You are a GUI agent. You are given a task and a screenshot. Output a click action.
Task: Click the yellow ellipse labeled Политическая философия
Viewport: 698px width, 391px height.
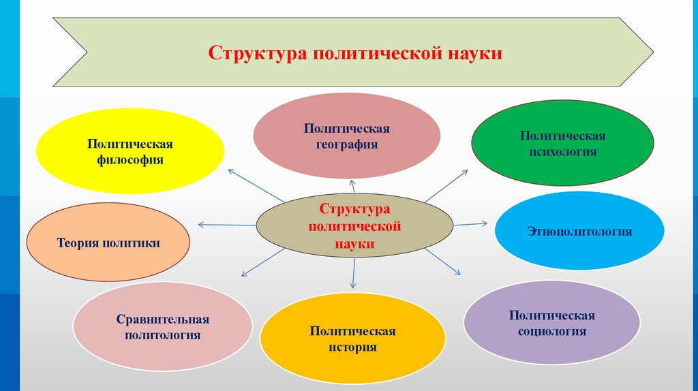click(130, 152)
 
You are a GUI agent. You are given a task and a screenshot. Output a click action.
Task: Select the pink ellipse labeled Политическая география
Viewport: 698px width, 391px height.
click(347, 136)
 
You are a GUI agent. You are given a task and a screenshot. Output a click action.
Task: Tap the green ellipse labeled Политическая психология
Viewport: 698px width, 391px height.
click(563, 144)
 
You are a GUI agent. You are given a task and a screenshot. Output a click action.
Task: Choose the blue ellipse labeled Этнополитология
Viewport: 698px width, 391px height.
click(579, 232)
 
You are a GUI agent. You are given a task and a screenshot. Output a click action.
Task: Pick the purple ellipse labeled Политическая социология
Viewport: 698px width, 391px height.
click(551, 324)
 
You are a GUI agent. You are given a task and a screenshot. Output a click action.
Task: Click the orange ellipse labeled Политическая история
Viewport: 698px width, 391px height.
click(352, 339)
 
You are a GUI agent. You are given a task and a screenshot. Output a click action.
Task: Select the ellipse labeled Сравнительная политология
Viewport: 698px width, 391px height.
click(162, 327)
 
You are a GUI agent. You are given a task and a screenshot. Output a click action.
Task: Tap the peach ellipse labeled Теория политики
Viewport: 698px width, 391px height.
click(108, 243)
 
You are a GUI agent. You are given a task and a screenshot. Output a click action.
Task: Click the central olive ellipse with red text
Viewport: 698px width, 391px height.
click(354, 225)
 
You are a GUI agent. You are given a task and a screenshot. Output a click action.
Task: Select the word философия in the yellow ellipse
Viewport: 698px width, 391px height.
click(130, 161)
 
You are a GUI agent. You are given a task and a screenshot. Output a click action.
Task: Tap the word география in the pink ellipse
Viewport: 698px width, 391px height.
click(347, 144)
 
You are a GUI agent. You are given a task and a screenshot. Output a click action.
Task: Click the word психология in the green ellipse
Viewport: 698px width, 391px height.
click(563, 152)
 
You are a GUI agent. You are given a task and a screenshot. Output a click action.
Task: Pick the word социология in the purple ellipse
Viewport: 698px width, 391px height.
click(551, 332)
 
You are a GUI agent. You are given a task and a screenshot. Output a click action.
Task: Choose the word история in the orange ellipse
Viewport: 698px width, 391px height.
click(352, 347)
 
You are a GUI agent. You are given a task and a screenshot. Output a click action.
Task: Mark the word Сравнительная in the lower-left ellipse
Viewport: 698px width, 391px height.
click(162, 319)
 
